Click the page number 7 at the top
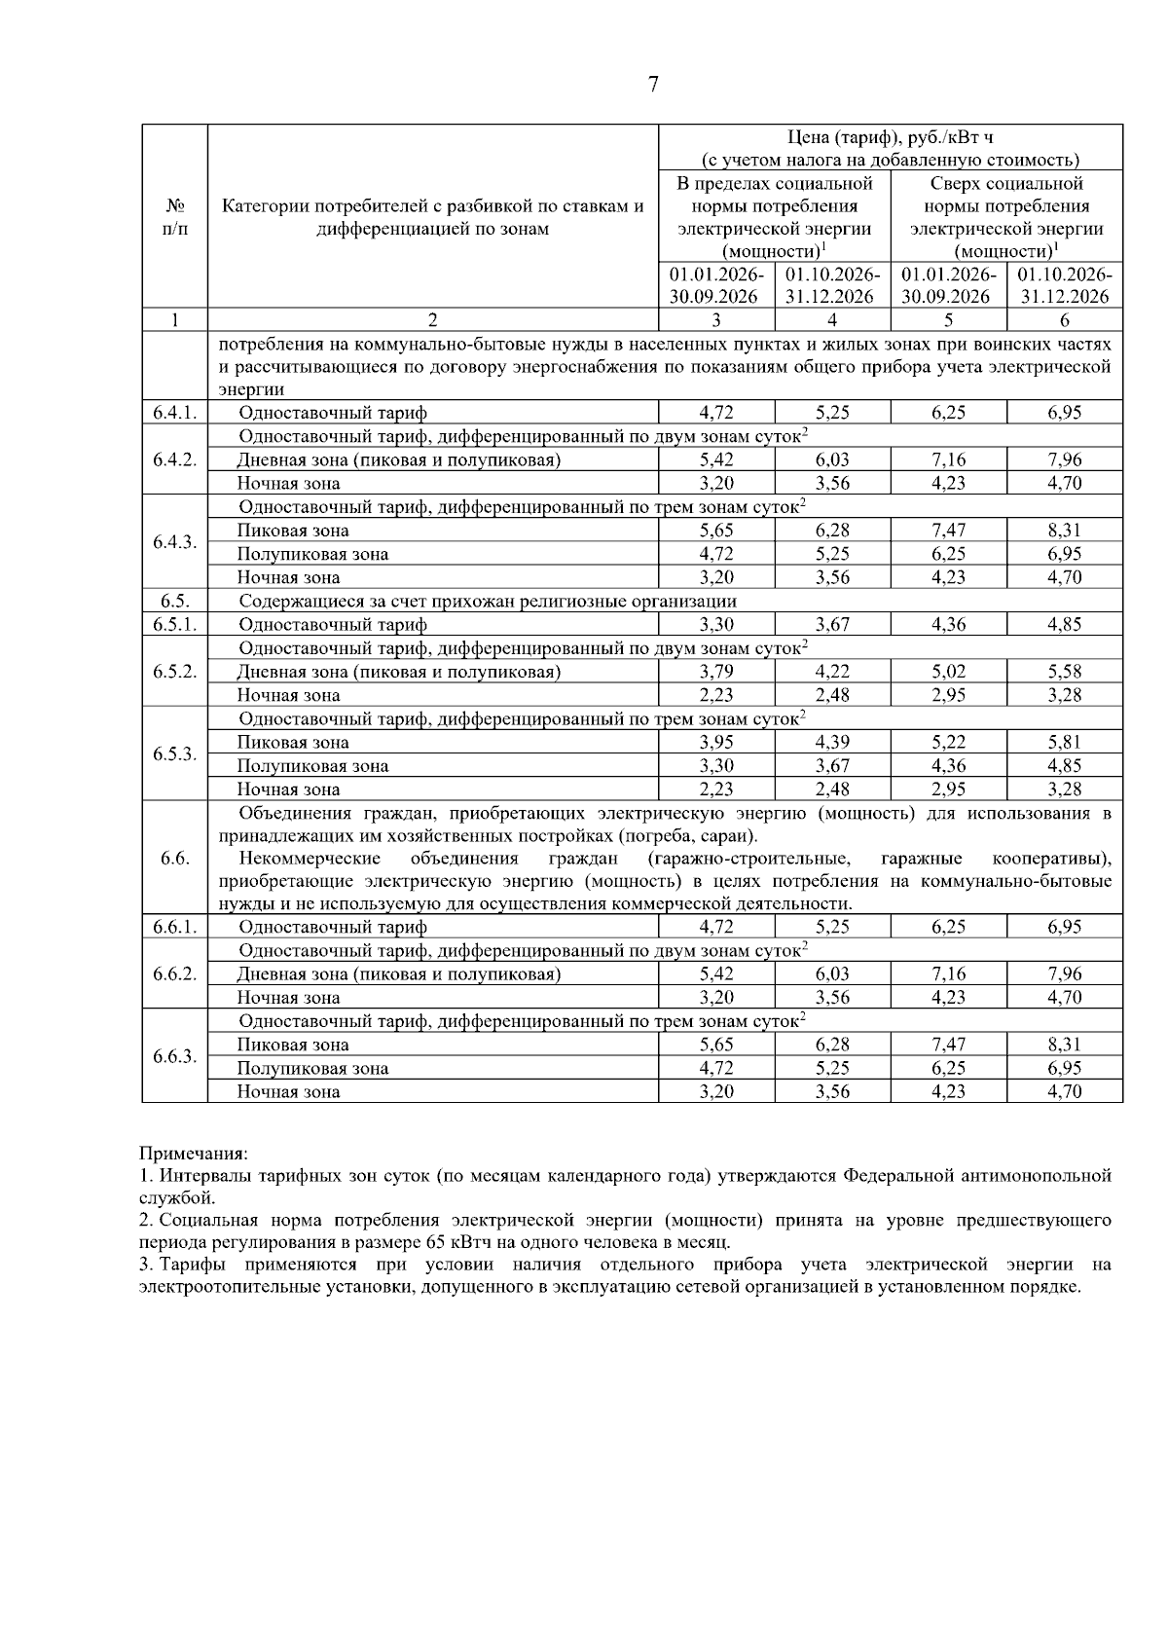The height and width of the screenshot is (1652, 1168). (653, 86)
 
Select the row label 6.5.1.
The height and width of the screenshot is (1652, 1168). (175, 625)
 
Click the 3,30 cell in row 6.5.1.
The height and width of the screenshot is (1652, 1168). (716, 625)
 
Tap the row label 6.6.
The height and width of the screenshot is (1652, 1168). (175, 858)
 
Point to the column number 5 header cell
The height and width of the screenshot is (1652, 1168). (948, 320)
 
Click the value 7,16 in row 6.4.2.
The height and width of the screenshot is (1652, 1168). (948, 459)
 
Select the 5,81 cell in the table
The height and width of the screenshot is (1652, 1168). (1064, 742)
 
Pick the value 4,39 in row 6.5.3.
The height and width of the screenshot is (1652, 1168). (832, 742)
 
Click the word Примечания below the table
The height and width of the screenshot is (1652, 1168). (194, 1153)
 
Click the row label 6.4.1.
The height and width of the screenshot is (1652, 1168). (175, 413)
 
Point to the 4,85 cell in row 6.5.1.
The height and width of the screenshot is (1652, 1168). (1064, 625)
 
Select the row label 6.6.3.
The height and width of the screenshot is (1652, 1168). (175, 1056)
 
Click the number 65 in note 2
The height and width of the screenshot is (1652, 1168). (435, 1242)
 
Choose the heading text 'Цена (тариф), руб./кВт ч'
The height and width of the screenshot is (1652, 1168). (890, 137)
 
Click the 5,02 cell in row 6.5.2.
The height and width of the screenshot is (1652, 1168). (948, 672)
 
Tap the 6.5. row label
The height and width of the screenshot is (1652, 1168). (175, 601)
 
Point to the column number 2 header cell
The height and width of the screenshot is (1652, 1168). (433, 320)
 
